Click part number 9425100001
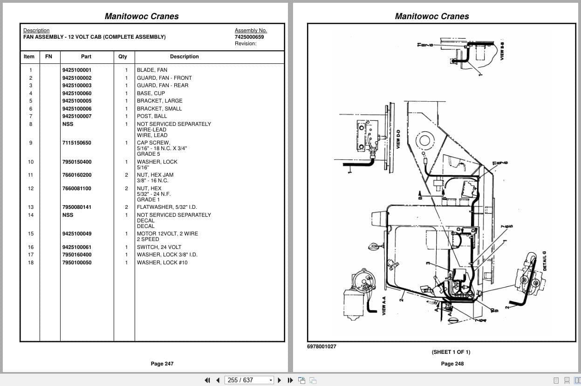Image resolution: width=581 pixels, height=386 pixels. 77,70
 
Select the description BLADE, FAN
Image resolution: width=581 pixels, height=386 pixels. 152,70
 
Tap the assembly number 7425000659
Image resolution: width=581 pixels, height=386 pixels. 249,37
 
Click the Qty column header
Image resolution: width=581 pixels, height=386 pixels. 123,56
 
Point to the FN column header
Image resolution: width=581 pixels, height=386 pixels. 49,56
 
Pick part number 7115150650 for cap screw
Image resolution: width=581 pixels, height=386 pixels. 77,143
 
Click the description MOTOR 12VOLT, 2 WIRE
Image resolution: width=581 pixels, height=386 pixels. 167,234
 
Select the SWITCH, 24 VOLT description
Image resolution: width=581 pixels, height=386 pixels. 159,247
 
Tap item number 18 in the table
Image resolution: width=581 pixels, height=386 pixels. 31,262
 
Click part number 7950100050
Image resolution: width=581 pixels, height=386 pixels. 77,262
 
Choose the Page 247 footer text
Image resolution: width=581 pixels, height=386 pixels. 162,364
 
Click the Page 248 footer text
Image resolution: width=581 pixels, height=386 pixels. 452,364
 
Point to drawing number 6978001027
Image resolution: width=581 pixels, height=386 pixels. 321,346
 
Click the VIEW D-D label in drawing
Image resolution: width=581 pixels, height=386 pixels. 398,139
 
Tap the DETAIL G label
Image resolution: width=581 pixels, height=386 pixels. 545,261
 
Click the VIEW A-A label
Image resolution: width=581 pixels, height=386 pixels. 384,307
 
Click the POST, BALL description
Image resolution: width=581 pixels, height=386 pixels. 151,116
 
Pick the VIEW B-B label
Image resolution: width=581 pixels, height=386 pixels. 502,49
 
